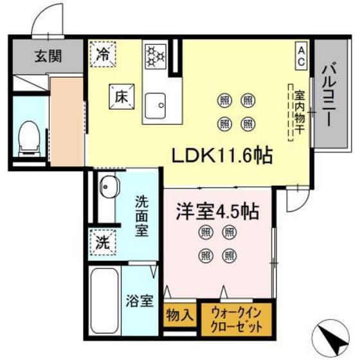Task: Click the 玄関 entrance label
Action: (48, 57)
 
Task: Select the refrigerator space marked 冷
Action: (103, 53)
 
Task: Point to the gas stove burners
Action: (154, 55)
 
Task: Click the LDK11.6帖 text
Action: (219, 155)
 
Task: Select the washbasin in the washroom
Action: (107, 189)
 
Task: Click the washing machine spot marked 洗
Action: (103, 243)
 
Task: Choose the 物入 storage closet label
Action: (181, 316)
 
